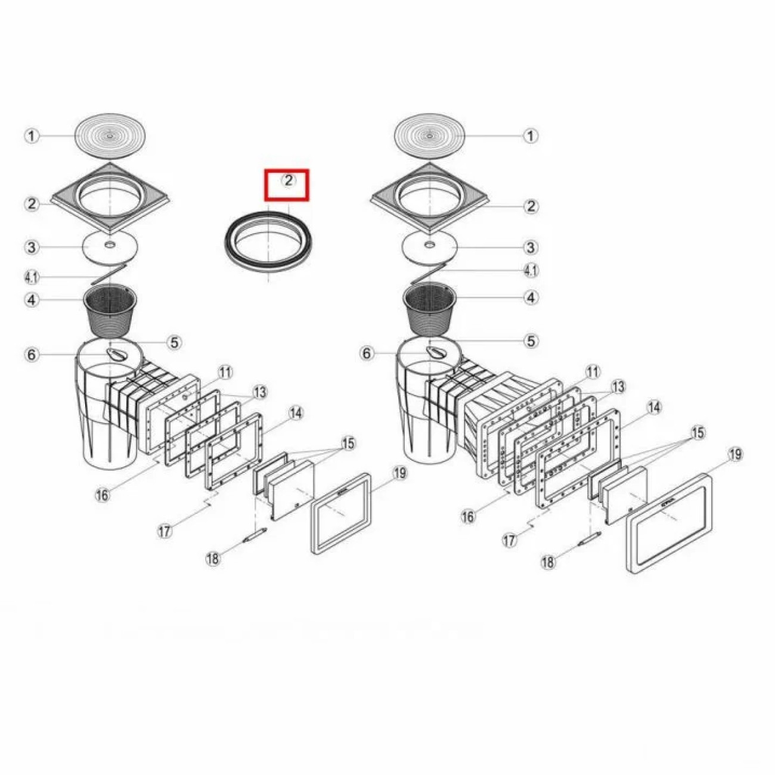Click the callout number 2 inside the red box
289,180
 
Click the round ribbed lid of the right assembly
429,136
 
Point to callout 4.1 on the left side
32,277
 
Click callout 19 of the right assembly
736,455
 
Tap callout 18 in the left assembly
213,558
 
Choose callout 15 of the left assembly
348,444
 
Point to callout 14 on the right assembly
653,407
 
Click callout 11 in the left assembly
225,373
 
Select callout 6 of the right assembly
367,354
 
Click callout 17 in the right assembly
509,540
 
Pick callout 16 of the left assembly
102,495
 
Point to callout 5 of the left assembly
174,343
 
